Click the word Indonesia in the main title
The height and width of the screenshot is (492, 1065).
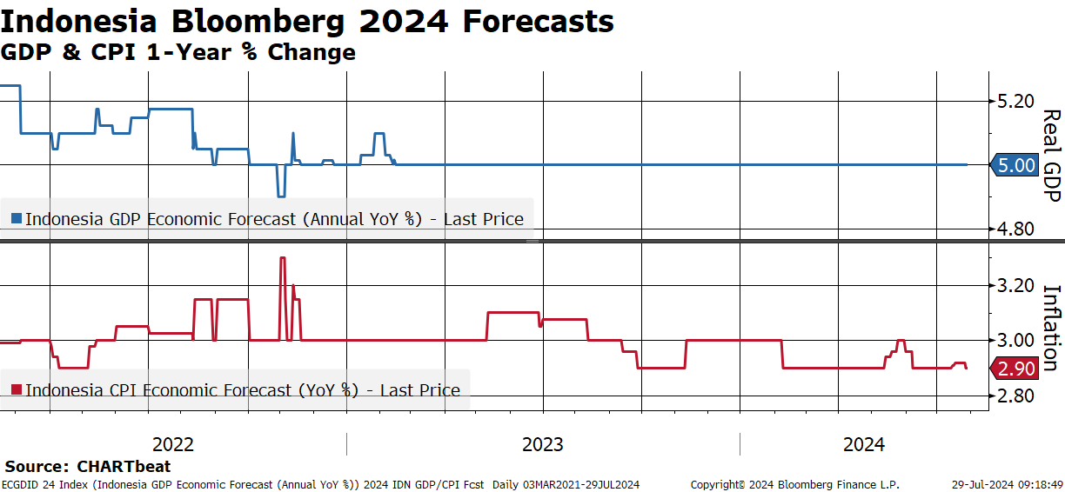click(78, 22)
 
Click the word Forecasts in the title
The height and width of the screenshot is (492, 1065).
click(539, 22)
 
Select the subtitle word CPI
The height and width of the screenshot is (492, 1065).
click(113, 52)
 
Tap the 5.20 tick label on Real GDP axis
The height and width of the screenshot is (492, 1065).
click(1015, 101)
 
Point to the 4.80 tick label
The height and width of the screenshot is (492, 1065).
click(1015, 229)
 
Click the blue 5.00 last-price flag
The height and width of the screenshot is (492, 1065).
click(1015, 165)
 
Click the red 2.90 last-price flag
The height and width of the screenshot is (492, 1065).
click(1015, 369)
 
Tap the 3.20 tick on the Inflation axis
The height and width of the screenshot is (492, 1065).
click(1015, 286)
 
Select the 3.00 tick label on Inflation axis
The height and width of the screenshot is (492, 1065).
click(1015, 341)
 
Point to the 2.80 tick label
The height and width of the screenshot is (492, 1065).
click(1015, 396)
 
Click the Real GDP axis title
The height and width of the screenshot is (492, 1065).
click(1052, 156)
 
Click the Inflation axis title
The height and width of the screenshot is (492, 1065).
click(1052, 328)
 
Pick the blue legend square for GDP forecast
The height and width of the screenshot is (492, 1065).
click(17, 218)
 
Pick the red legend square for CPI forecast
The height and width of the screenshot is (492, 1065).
click(17, 389)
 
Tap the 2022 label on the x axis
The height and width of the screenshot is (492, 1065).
click(173, 445)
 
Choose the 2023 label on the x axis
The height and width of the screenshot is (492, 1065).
click(542, 445)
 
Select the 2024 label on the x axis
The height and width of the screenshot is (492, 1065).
click(864, 445)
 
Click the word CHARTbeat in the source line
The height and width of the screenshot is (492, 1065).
click(124, 466)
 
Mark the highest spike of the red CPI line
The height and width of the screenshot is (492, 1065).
click(283, 258)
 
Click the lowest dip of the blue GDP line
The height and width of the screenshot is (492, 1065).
click(281, 196)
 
